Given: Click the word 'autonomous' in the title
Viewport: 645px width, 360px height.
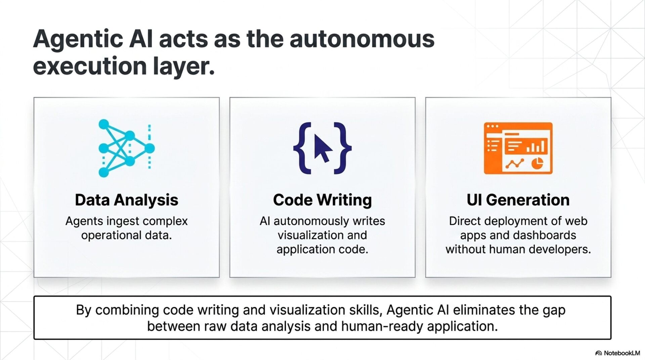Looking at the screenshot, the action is [362, 39].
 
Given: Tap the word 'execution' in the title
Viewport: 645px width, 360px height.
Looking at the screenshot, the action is [90, 66].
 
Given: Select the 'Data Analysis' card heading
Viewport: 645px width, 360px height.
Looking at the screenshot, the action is [126, 200].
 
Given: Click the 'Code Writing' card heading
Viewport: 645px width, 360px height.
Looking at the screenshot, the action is [322, 200].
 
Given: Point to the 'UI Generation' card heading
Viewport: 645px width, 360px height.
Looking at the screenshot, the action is [518, 200].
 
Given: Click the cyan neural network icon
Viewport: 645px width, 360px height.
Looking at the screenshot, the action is [126, 148].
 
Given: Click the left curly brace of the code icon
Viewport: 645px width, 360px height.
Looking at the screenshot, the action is [303, 148].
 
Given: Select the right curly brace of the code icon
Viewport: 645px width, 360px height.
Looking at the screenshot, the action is [342, 148].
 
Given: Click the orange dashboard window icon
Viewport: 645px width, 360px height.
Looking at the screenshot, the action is [518, 148].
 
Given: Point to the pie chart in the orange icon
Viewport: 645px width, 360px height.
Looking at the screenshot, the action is [537, 163].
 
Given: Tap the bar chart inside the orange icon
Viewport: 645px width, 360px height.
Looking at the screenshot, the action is [536, 147].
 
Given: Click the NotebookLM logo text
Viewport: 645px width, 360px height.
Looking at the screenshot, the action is [621, 353].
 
